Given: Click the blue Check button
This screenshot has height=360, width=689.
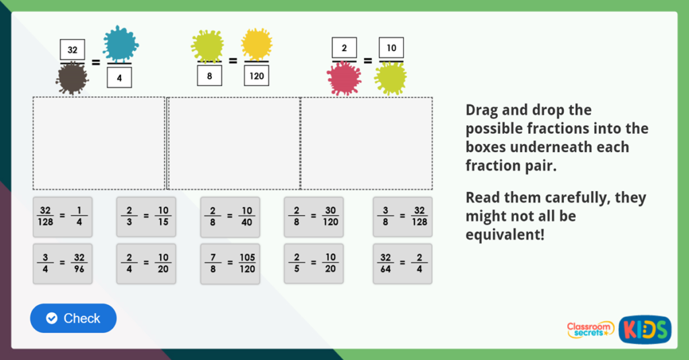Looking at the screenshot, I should tap(73, 318).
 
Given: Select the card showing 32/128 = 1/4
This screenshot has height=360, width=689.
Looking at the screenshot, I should tap(61, 216).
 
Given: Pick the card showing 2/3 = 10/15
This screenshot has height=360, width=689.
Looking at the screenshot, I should tap(145, 216).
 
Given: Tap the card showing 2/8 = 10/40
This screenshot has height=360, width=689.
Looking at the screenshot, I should tap(229, 216).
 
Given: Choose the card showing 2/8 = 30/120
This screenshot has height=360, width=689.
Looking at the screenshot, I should tap(314, 216).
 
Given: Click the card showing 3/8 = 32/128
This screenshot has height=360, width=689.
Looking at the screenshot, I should tap(402, 216).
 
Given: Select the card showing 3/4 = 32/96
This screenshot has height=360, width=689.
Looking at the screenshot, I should tap(61, 264).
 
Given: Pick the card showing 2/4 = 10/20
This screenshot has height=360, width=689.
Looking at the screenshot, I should tap(145, 264).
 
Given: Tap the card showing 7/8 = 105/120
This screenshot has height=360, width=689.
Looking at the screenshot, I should tap(229, 264).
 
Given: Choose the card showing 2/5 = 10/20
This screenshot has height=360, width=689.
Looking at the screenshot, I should tap(314, 263).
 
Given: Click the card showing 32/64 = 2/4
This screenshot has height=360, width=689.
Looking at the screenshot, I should tap(402, 264).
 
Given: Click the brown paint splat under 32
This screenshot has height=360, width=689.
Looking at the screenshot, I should tap(72, 79).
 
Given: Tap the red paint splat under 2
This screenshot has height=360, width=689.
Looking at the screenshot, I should tap(344, 79).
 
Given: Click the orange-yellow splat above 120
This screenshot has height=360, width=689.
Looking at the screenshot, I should tap(256, 44).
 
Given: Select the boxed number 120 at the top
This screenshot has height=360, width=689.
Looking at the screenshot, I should tap(256, 76).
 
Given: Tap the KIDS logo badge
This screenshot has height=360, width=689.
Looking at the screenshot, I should tap(645, 329).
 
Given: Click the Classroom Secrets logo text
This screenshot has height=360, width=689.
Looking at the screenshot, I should tap(590, 329).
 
